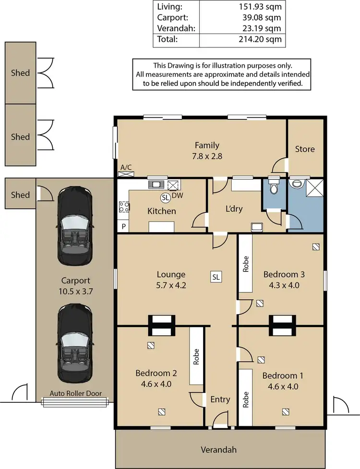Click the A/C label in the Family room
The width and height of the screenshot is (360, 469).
pyautogui.click(x=126, y=167)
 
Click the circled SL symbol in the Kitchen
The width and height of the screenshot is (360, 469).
pyautogui.click(x=165, y=197)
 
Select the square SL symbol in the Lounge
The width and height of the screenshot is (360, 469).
pyautogui.click(x=216, y=277)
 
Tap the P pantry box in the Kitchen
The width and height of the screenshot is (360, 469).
pyautogui.click(x=122, y=226)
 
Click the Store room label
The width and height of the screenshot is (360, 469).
pyautogui.click(x=305, y=149)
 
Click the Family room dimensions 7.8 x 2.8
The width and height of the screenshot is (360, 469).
pyautogui.click(x=207, y=156)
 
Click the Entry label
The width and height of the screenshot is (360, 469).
pyautogui.click(x=220, y=399)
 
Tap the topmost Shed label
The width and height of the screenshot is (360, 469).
pyautogui.click(x=20, y=73)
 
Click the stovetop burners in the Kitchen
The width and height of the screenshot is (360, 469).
pyautogui.click(x=123, y=207)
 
